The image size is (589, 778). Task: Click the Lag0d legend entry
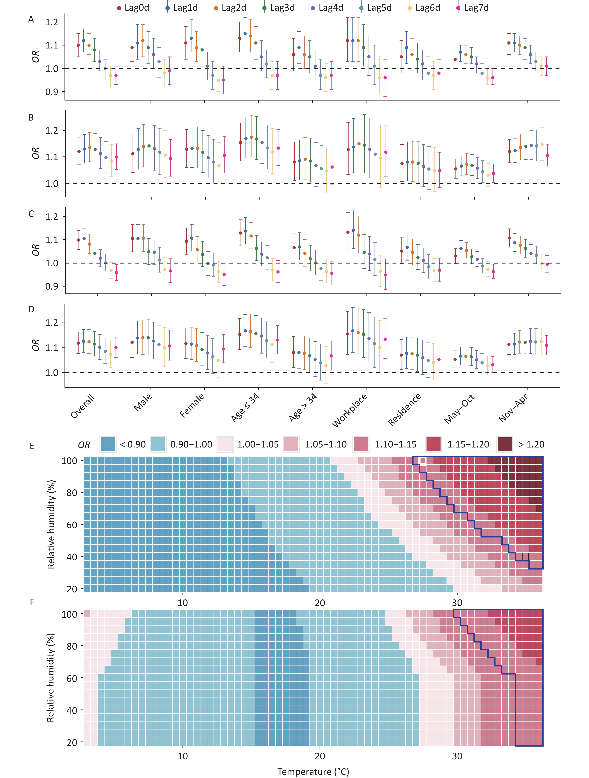[x=134, y=8]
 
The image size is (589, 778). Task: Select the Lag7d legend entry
[x=473, y=8]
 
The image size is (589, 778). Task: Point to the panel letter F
[x=32, y=602]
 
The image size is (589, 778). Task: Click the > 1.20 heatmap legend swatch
[x=505, y=444]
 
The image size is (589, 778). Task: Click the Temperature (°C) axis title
[x=313, y=771]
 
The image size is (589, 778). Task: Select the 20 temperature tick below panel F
[x=320, y=756]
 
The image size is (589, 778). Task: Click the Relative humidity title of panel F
[x=51, y=678]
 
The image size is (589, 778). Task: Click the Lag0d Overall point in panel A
[x=78, y=45]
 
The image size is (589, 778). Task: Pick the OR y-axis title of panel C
[x=36, y=250]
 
